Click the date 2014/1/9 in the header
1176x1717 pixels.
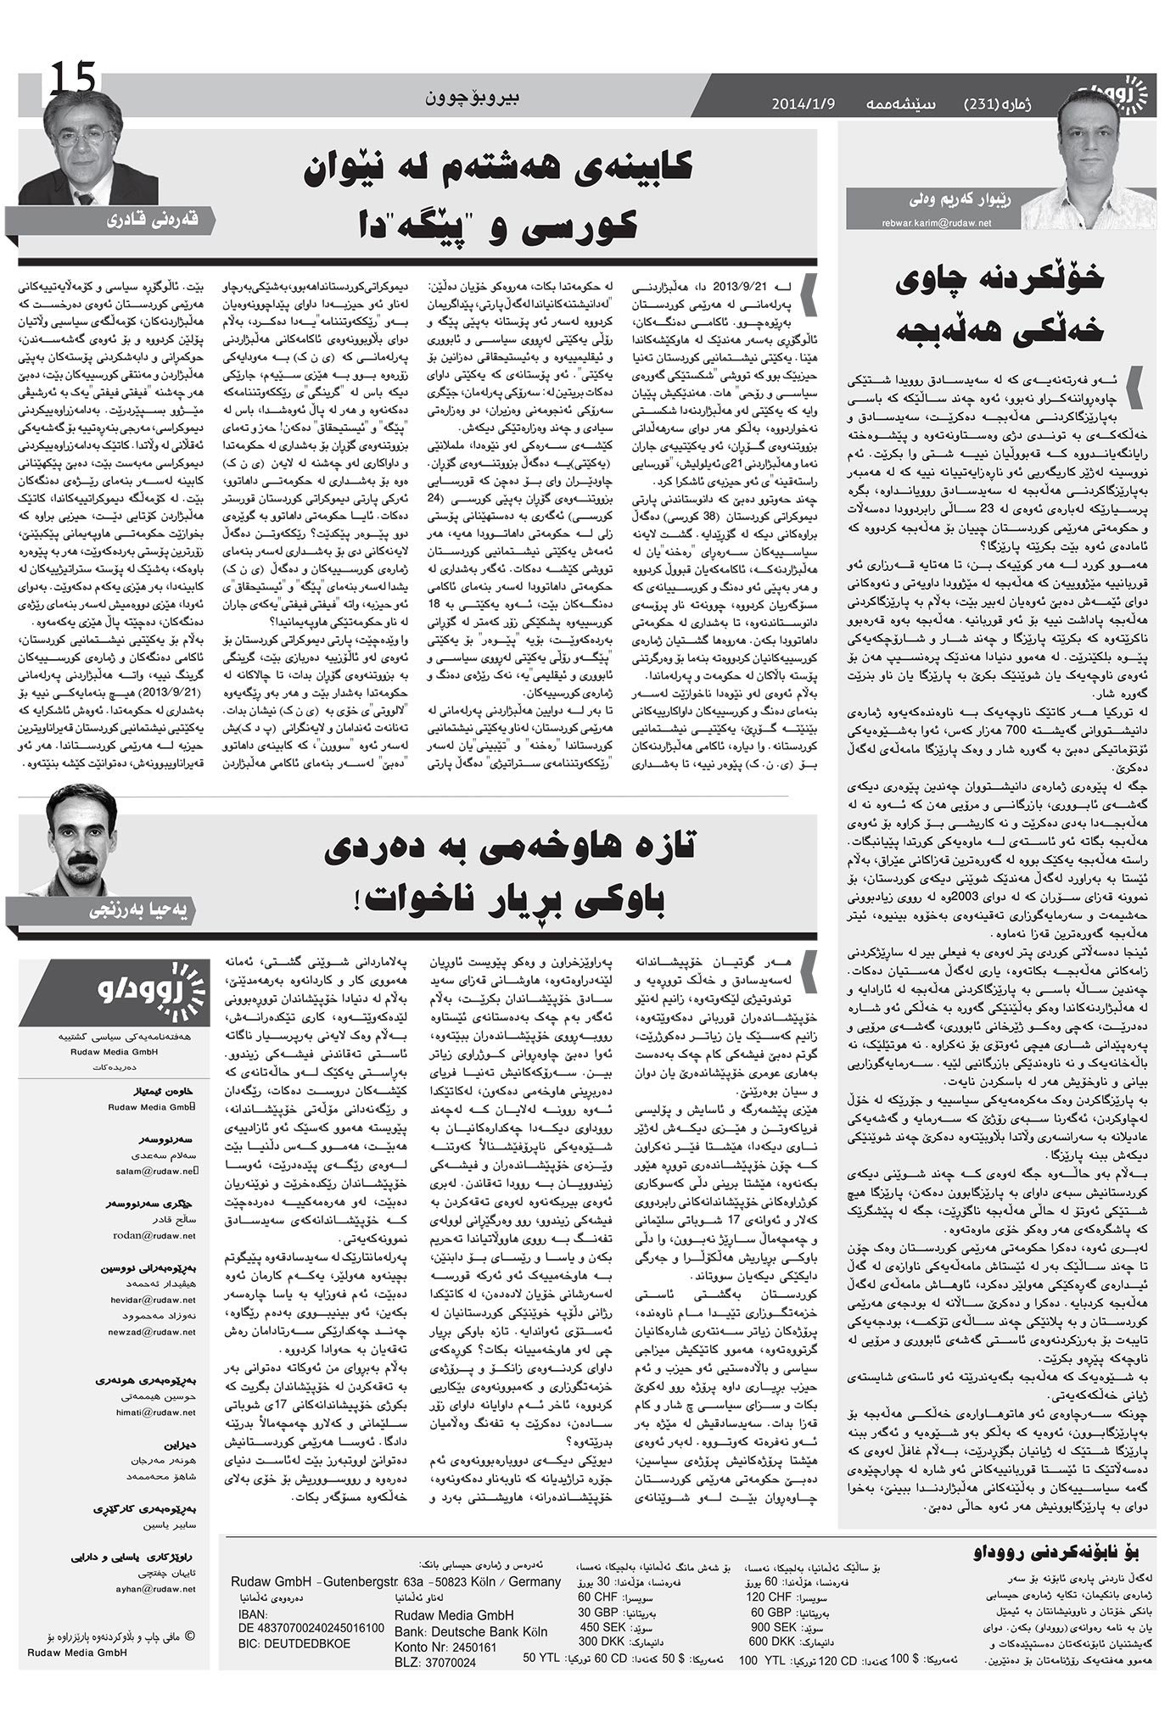point(804,104)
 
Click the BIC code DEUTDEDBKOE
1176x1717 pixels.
point(294,1642)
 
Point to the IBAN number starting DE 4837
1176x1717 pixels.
point(311,1627)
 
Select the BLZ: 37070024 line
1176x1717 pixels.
point(436,1662)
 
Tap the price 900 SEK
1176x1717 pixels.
point(773,1626)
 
